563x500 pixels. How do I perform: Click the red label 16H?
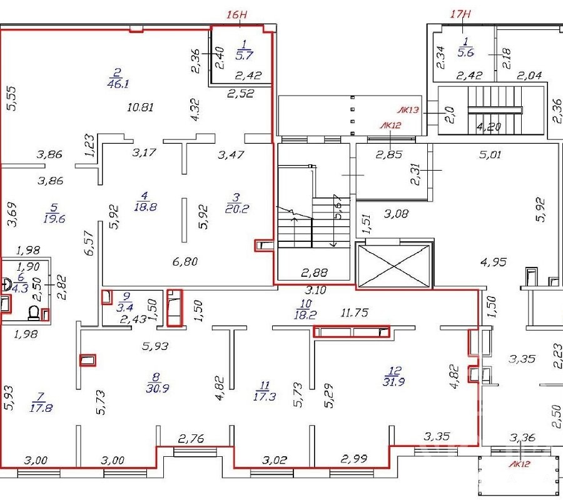pos(237,15)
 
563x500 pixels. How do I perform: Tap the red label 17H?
pos(461,14)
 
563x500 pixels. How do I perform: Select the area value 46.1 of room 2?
pos(118,84)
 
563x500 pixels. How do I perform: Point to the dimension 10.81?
pos(141,107)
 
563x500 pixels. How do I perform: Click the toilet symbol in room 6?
pos(34,312)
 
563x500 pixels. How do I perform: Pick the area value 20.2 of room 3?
pos(237,209)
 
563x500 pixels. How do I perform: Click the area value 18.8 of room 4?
pos(145,207)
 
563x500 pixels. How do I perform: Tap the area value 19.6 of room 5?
pos(54,219)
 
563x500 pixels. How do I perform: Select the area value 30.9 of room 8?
pos(158,388)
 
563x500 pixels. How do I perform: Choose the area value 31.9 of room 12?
pos(394,382)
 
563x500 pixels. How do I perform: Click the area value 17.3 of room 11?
pos(265,396)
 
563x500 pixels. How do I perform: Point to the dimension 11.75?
pos(355,312)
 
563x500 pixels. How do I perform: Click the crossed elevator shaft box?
pos(394,266)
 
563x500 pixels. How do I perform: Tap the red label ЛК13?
pos(408,110)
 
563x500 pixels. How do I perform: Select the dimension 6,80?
pos(185,261)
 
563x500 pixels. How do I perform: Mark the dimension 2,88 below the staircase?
pos(315,273)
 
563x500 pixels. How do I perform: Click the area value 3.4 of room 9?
pos(125,307)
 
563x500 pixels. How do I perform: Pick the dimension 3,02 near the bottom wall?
pos(275,460)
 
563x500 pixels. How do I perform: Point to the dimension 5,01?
pos(490,154)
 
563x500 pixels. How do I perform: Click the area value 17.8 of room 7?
pos(41,408)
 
